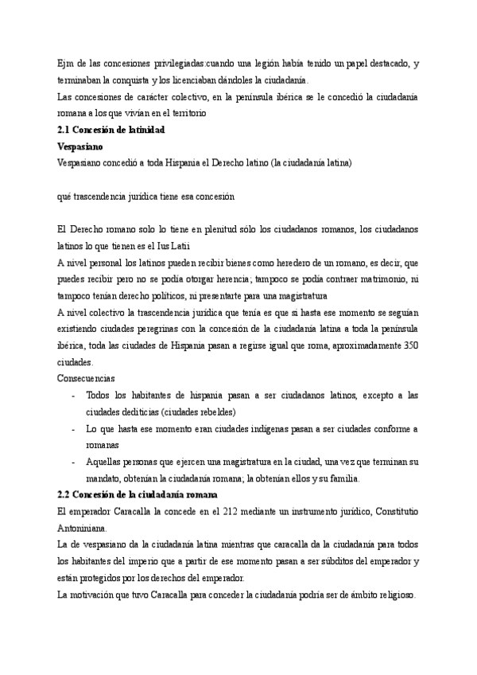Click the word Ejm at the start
[x=66, y=64]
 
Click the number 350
[x=413, y=345]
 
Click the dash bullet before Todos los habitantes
[x=73, y=396]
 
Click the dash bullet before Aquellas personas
[x=73, y=462]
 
